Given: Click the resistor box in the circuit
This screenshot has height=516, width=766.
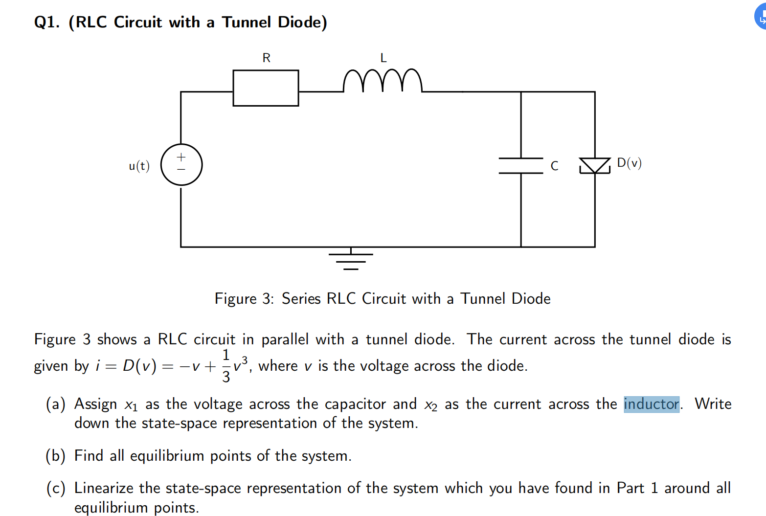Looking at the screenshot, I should point(266,88).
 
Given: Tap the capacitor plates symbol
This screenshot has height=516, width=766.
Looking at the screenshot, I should point(521,166).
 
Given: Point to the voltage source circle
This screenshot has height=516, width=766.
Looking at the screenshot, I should point(181,165).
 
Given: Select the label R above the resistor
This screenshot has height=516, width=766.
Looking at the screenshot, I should point(267,58).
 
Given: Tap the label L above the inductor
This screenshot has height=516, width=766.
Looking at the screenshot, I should point(383,58).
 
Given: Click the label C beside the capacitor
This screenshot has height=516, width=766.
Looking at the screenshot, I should point(554,166).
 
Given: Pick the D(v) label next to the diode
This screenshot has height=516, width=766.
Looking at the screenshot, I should point(629,163).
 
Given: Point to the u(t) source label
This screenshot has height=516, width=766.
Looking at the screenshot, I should point(139,166).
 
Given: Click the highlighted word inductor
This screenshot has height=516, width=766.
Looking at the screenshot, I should point(652,404).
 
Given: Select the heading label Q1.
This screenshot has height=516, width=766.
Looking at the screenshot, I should point(46,22).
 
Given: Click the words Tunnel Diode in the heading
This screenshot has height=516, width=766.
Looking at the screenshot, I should point(274,22).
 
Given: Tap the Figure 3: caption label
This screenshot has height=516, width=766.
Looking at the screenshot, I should point(244,299).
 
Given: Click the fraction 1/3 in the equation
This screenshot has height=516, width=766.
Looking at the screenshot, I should point(226,366).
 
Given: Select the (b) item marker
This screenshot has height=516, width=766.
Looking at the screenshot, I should point(55,456).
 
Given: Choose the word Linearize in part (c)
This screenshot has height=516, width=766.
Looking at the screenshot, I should point(104,488).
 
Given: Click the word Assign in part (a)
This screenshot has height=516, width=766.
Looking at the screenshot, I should point(95,404).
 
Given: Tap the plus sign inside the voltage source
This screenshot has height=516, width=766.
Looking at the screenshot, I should point(181,157).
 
